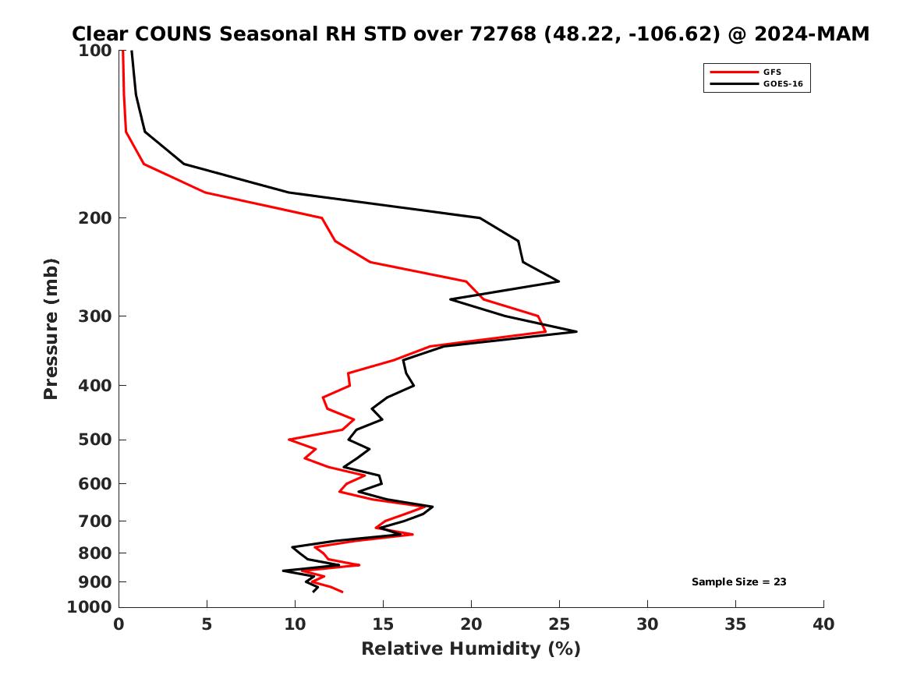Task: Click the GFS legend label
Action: click(772, 72)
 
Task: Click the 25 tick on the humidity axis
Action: click(559, 624)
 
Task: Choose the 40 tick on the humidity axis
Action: click(823, 624)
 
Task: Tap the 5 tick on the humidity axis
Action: click(207, 624)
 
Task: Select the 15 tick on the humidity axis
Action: click(383, 624)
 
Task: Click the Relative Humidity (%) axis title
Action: click(470, 649)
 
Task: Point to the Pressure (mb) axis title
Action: click(51, 328)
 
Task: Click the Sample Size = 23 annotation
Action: click(738, 581)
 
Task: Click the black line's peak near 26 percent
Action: click(576, 332)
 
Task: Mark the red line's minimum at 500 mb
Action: click(289, 440)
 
